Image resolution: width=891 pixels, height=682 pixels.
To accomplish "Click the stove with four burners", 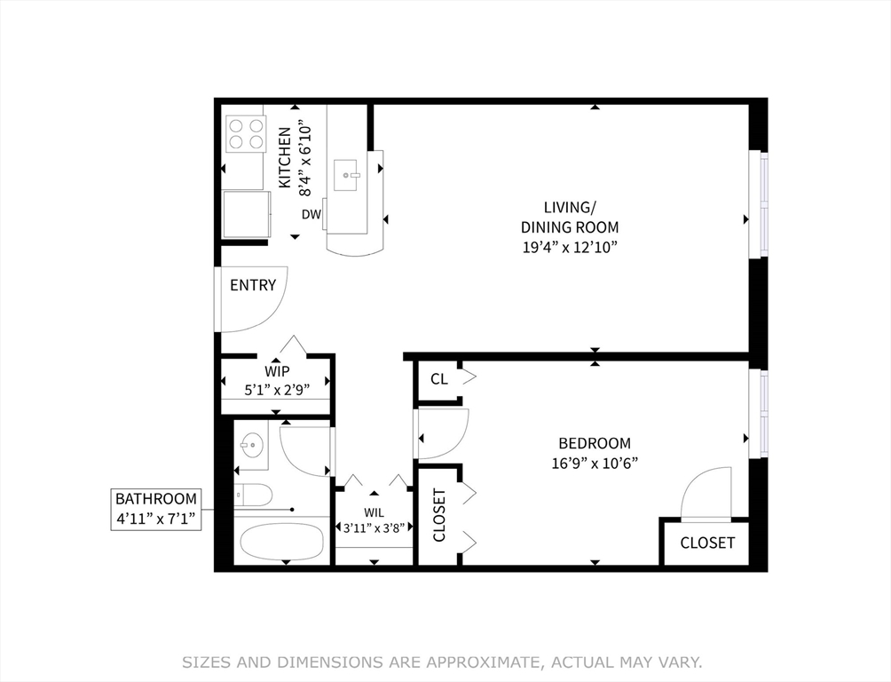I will (246, 134).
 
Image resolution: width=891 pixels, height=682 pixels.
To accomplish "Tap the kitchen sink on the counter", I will (346, 176).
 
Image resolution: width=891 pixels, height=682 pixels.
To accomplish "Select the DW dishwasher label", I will (311, 214).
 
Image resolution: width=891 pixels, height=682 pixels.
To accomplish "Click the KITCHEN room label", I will (285, 157).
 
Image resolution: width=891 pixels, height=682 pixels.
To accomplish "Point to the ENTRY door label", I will (253, 285).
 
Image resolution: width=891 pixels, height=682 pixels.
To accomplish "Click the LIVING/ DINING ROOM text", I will (569, 218).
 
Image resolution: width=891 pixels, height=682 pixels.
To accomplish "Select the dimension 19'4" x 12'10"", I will (569, 246).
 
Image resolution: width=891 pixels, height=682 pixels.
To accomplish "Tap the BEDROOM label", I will (594, 443).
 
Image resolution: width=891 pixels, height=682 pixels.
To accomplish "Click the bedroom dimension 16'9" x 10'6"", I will (594, 462).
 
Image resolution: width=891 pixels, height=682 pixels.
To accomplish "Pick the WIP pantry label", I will (275, 370).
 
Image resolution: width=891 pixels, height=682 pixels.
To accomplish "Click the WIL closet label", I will (374, 511).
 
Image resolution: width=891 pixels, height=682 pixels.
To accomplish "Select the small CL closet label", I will (438, 379).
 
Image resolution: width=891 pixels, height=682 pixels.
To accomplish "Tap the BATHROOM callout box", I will (156, 509).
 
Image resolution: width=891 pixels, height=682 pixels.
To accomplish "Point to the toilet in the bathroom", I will (255, 495).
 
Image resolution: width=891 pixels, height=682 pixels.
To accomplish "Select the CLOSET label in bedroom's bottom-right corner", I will (707, 543).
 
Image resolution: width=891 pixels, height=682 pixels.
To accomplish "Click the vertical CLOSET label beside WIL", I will (438, 515).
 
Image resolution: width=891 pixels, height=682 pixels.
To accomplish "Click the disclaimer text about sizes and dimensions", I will (442, 662).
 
